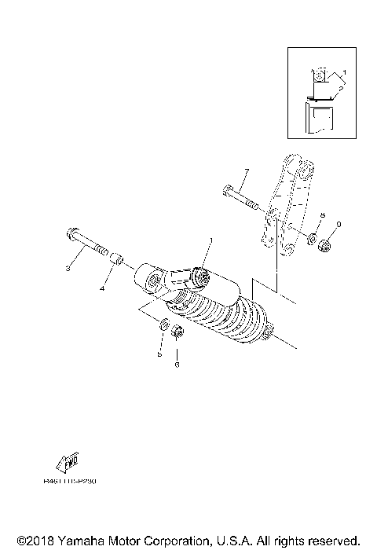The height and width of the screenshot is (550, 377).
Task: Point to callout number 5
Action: [159, 354]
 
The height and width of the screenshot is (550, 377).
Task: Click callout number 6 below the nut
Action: [177, 364]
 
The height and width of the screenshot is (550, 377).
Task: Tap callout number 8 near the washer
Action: [320, 214]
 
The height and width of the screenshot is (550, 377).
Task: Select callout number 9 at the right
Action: [338, 225]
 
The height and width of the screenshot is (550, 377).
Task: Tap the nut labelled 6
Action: [177, 333]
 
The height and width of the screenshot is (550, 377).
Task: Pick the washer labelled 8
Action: [312, 238]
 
